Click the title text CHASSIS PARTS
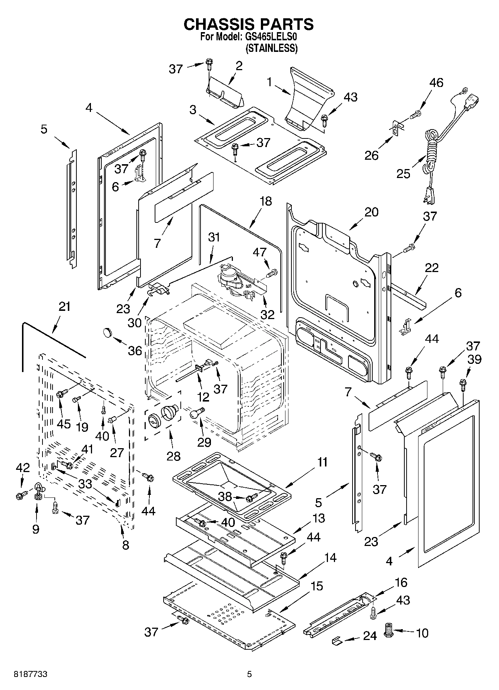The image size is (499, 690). [249, 24]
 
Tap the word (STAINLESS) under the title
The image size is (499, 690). [271, 48]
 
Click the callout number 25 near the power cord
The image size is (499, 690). [403, 174]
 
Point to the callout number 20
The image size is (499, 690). [371, 212]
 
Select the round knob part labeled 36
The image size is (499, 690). [108, 331]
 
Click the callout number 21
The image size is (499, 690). [64, 307]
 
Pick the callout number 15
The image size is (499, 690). [316, 586]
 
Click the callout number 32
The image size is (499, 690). [267, 314]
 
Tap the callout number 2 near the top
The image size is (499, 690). [239, 66]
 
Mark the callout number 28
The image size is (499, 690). [174, 456]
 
